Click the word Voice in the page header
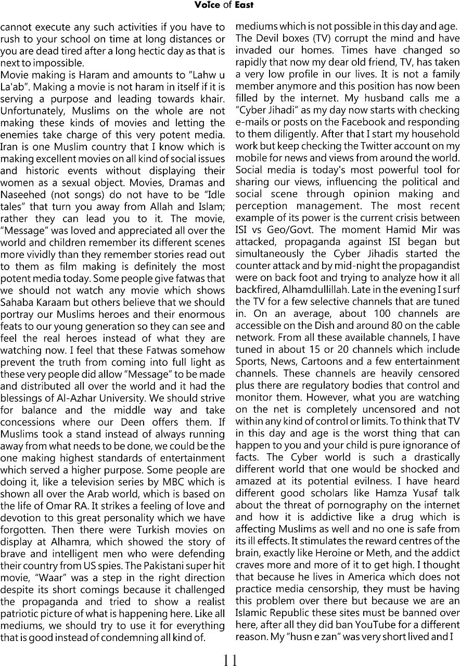click(x=207, y=5)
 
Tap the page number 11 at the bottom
click(x=230, y=660)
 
